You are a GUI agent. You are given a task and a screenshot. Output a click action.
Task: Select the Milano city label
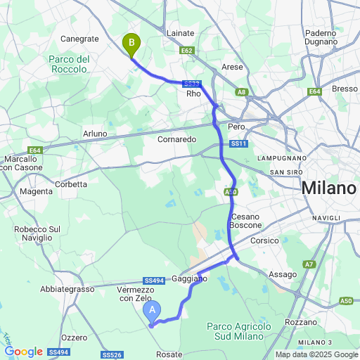(328, 188)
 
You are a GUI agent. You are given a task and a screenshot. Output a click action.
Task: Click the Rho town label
(193, 94)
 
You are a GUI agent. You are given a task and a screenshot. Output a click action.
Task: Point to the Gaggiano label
(190, 279)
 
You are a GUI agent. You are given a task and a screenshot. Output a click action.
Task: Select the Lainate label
(181, 33)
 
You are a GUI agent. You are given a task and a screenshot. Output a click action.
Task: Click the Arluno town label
(95, 134)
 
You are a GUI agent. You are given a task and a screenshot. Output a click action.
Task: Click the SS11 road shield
(240, 144)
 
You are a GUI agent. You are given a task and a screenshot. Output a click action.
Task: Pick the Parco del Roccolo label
(68, 64)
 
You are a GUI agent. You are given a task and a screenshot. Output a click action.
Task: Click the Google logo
(23, 352)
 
